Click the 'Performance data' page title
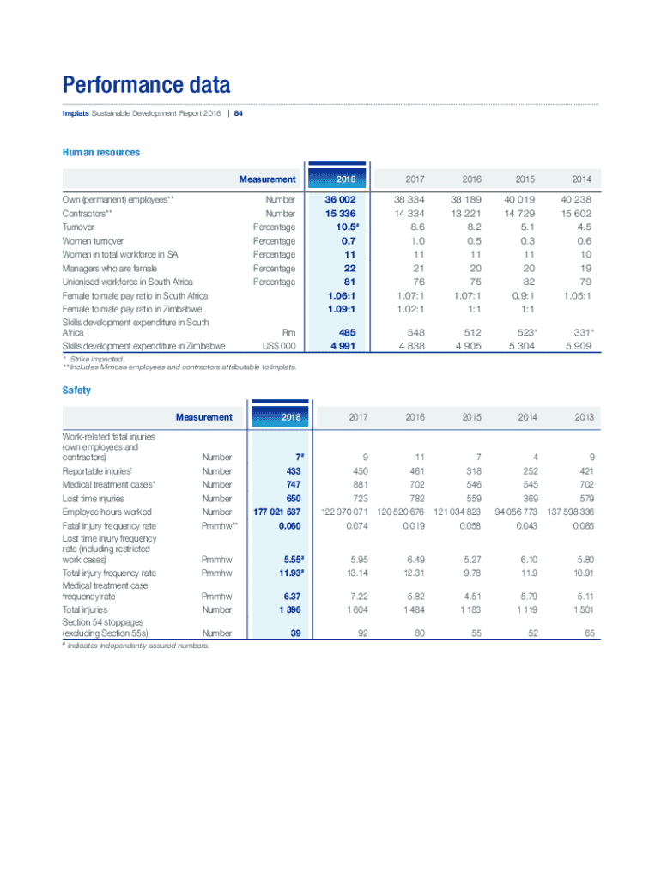coord(146,86)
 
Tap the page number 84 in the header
coord(239,113)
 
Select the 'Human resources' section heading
coord(100,153)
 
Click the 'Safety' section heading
coord(76,391)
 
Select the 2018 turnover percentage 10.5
coord(341,227)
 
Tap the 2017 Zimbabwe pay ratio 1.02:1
coord(408,309)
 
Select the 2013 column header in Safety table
coord(584,418)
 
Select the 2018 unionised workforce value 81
coord(349,282)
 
